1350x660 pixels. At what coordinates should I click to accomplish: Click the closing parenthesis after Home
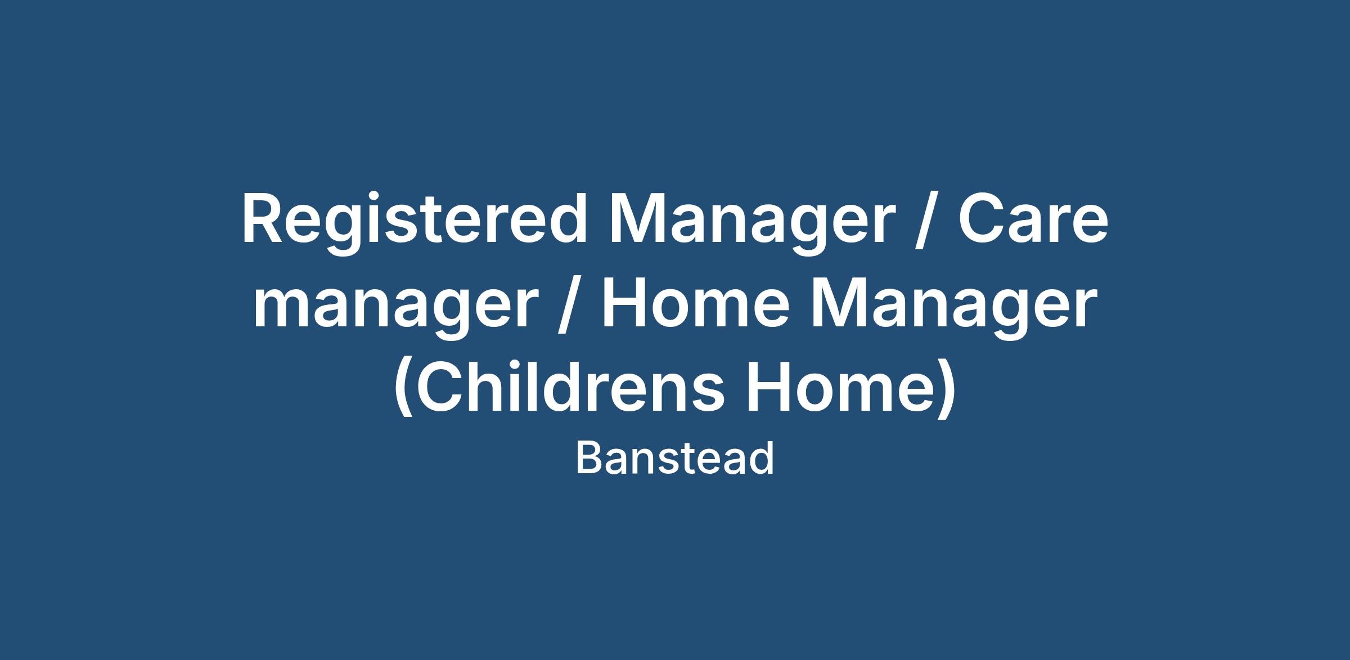pos(945,388)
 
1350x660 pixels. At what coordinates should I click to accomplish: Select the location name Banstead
pos(675,458)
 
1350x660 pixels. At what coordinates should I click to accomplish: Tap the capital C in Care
pos(983,219)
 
